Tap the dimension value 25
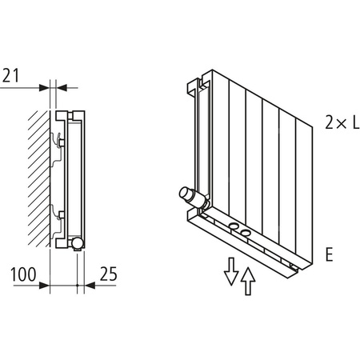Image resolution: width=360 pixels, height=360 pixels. pos(106,274)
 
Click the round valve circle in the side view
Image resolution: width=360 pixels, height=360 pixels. pos(77,242)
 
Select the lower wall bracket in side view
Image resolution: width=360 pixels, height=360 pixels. pos(58,214)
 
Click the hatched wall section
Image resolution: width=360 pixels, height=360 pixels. pos(39,176)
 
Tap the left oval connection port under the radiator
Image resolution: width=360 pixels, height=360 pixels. pos(233,230)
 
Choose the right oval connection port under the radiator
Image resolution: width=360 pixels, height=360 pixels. pos(245,234)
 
